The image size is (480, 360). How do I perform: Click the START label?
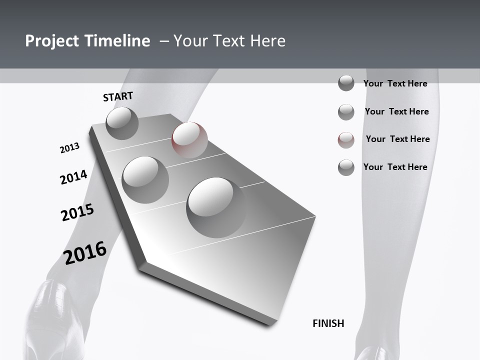coord(118,96)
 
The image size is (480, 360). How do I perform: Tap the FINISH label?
coord(328,323)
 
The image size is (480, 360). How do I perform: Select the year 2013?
coord(69,148)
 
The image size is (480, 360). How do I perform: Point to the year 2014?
coord(73,177)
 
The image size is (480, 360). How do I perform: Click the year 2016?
coord(85,253)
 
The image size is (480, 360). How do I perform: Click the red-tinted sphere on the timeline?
coord(189,139)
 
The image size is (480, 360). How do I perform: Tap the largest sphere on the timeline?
coord(216,206)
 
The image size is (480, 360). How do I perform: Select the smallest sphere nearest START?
coord(122,123)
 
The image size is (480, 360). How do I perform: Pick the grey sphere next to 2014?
coord(145,179)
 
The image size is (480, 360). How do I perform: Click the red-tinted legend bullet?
coord(346,140)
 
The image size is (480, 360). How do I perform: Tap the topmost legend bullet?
coord(346,83)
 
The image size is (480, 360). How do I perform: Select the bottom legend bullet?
coord(346,167)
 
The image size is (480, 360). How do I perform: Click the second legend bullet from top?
coord(346,112)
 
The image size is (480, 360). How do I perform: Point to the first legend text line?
coord(395,83)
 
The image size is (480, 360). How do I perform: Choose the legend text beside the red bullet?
coord(397,139)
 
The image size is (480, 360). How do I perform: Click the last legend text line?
coord(395,167)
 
